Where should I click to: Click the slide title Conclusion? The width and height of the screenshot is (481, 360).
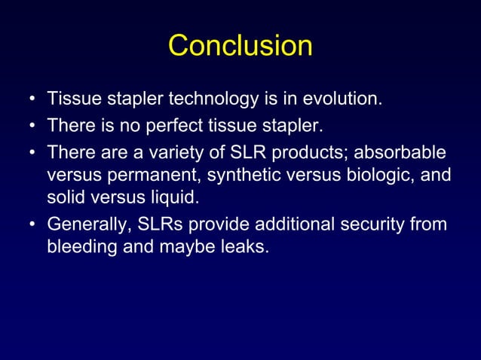click(240, 46)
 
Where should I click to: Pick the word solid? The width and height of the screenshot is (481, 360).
click(66, 197)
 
